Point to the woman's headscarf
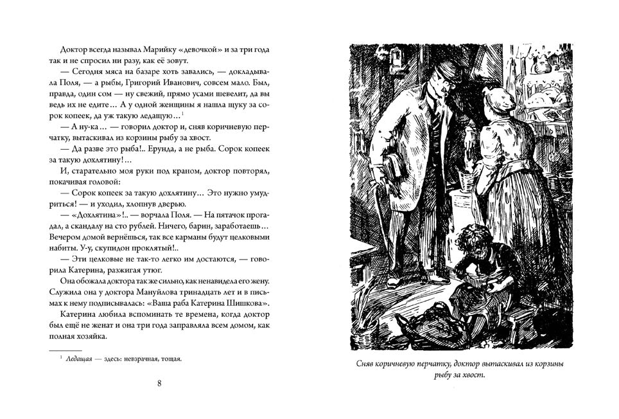[501, 97]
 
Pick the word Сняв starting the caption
[367, 364]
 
